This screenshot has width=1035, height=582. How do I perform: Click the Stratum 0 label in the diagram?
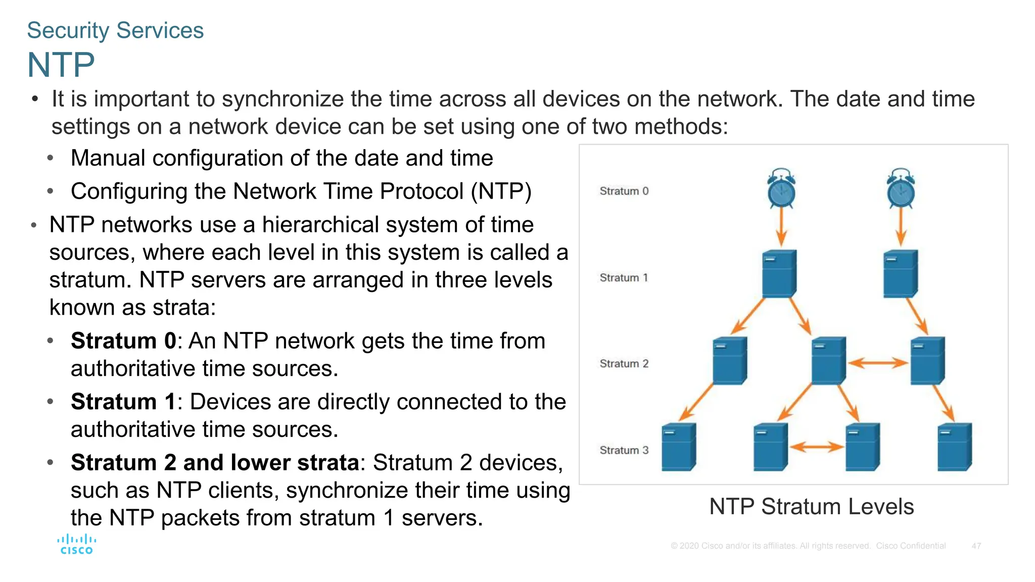[624, 191]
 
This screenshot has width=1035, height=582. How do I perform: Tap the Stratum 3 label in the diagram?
[624, 450]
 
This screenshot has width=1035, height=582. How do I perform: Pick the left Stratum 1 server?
[779, 273]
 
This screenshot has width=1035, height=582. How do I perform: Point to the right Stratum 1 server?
[900, 273]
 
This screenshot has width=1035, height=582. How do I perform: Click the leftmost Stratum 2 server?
[729, 361]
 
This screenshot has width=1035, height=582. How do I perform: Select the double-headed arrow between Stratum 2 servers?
[878, 363]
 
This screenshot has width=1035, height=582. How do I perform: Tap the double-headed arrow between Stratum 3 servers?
[816, 447]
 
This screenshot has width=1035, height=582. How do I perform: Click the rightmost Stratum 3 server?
[954, 447]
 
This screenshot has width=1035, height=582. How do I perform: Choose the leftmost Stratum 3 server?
[678, 447]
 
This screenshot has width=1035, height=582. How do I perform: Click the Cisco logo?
[76, 545]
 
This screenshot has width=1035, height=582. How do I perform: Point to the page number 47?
[976, 546]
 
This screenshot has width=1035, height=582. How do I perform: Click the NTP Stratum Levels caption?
[811, 507]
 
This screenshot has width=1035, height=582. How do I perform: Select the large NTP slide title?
[61, 65]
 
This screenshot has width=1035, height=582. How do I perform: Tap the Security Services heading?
[115, 30]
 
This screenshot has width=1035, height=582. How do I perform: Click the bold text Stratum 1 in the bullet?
[123, 402]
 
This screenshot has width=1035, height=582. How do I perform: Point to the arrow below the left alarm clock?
[781, 227]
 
